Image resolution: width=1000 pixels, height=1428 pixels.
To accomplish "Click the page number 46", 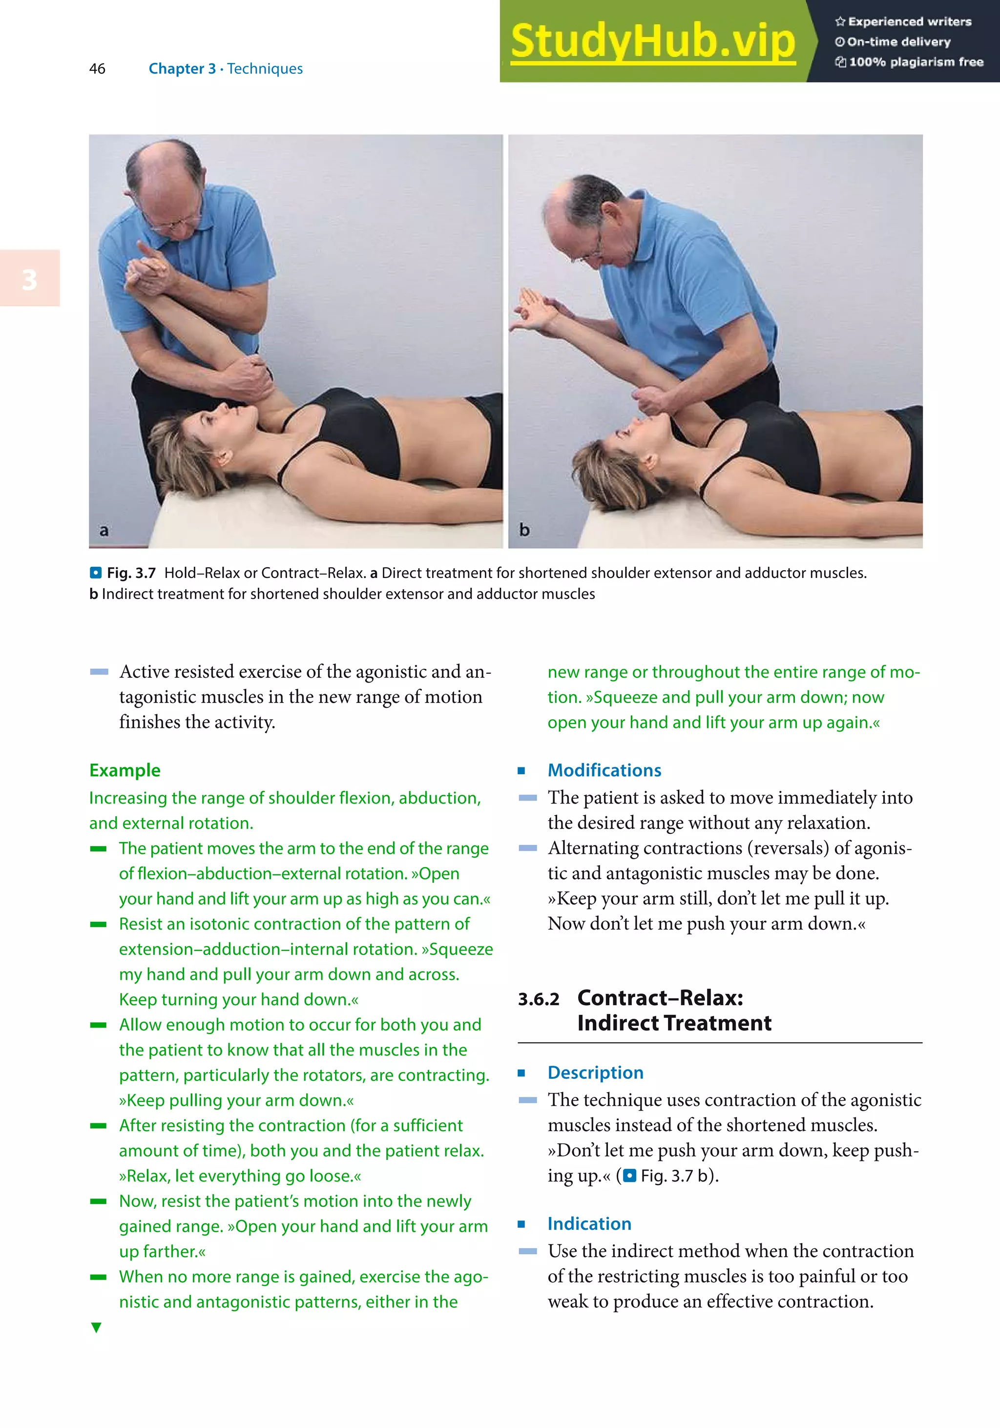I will tap(98, 68).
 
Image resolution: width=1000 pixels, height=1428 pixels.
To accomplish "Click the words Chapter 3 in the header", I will tap(182, 68).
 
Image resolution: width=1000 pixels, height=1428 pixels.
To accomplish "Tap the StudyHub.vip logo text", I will tap(652, 41).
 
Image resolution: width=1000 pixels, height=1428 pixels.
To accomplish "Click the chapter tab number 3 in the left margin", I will tap(29, 279).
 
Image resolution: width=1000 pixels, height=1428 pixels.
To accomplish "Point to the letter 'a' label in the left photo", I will tap(104, 531).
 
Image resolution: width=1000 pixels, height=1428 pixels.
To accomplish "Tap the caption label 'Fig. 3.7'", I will tap(130, 573).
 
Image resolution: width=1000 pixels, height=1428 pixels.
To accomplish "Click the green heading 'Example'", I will tap(125, 770).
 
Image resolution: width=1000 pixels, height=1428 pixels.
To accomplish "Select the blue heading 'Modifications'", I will tap(604, 770).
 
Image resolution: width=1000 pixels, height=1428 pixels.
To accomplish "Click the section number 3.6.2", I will tap(539, 999).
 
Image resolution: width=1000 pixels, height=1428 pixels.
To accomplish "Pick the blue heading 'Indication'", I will tap(589, 1223).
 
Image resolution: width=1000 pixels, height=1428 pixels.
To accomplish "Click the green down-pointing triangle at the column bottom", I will tap(96, 1327).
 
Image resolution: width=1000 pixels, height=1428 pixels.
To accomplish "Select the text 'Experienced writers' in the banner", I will tap(909, 22).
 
